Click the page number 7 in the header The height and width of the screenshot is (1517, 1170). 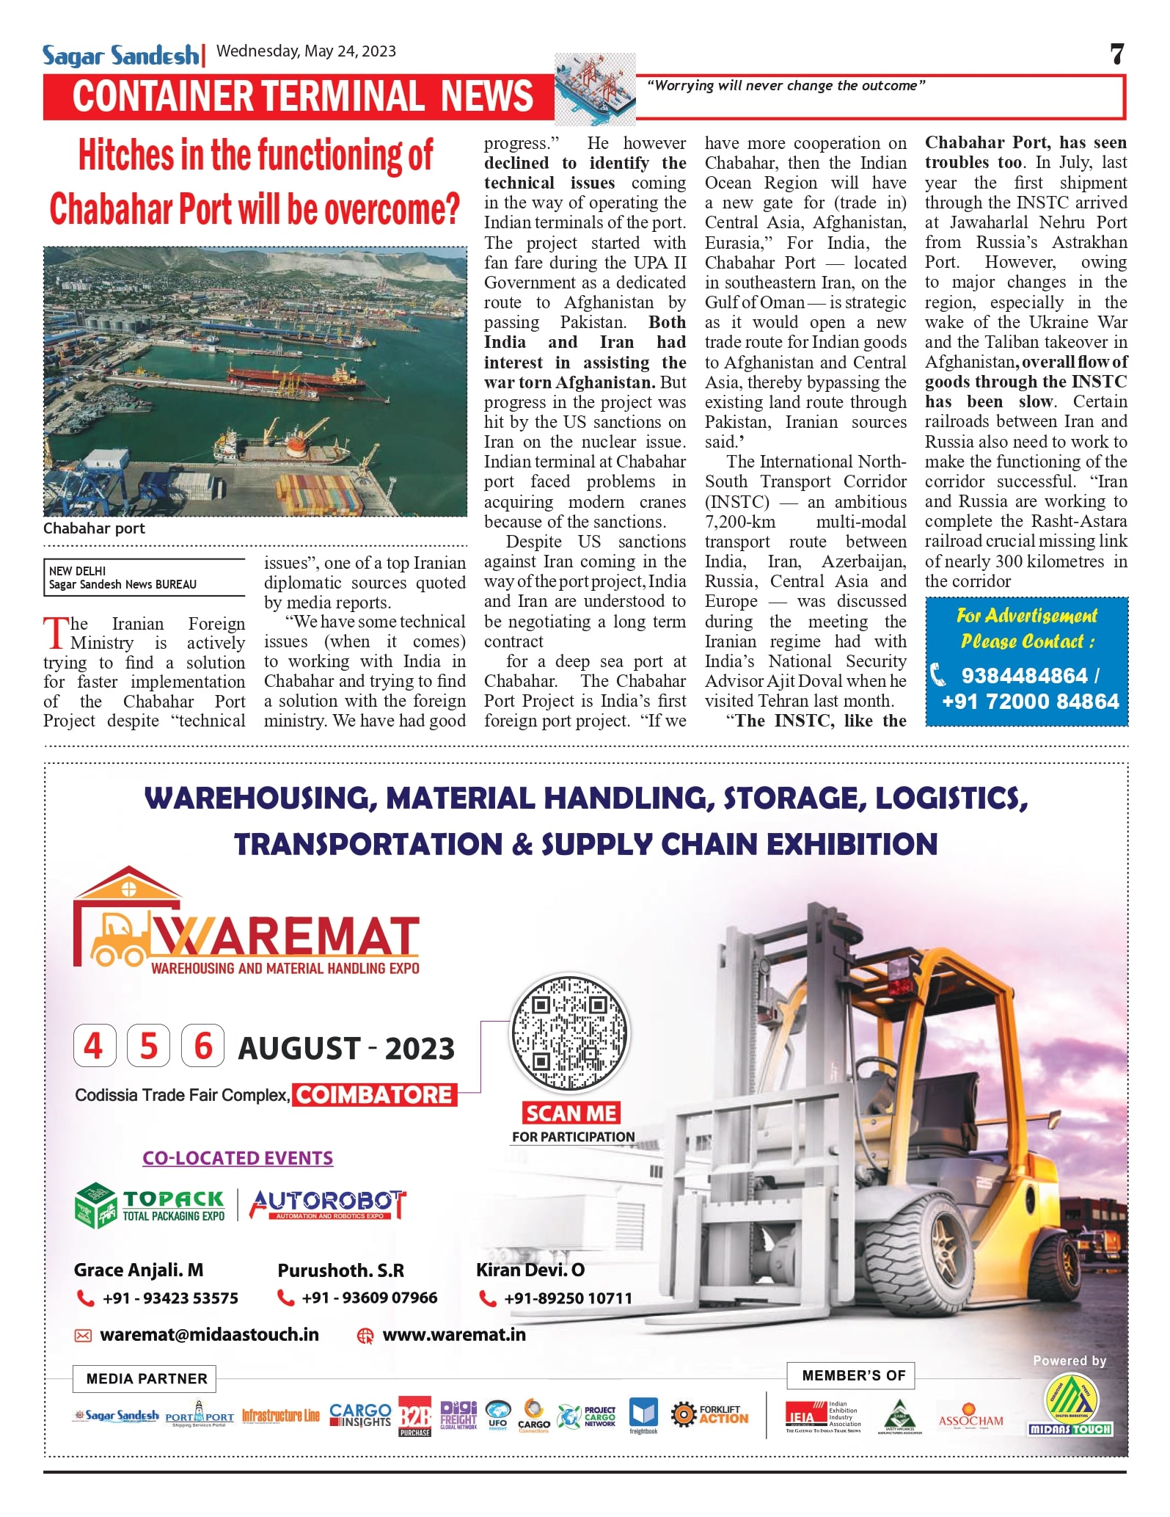(1116, 54)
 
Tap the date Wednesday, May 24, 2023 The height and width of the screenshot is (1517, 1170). (306, 51)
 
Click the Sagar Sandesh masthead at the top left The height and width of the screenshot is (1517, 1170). (120, 55)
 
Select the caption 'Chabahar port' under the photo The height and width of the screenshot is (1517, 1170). (94, 528)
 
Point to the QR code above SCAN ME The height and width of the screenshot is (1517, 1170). (570, 1034)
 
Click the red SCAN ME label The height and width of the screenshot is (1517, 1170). (571, 1113)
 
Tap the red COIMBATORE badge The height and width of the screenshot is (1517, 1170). (374, 1095)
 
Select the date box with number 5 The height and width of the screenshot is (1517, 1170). (148, 1046)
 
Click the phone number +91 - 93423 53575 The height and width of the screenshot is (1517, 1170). (169, 1298)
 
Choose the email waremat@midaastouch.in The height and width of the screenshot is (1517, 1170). (209, 1334)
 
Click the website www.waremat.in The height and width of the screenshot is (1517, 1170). (453, 1334)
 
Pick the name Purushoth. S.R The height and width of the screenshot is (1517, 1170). (340, 1270)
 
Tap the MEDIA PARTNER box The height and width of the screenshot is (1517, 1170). (146, 1378)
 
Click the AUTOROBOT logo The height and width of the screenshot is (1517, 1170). (328, 1204)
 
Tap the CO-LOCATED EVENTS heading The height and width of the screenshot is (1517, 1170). (238, 1158)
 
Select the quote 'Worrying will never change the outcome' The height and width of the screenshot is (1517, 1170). (786, 86)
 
